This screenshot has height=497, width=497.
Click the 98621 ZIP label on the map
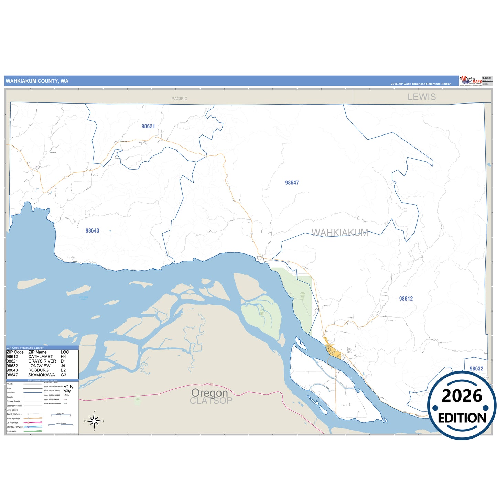pos(148,126)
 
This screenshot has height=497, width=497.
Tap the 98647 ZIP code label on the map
pos(292,183)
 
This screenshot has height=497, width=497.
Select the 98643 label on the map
pos(92,231)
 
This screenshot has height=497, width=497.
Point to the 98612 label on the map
pos(406,299)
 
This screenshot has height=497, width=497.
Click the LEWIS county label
pos(422,97)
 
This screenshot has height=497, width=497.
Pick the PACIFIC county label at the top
pos(179,99)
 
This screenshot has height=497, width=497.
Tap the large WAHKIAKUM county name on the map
pos(340,233)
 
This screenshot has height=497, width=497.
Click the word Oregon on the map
pos(209,392)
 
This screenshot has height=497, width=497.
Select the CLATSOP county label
pos(211,401)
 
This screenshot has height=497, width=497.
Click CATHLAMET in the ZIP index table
pos(41,357)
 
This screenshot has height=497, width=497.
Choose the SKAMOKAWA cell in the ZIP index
pos(42,375)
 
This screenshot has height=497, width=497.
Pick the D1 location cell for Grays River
pos(63,361)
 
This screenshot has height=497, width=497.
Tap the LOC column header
pos(65,352)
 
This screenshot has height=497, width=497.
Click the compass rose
pos(94,421)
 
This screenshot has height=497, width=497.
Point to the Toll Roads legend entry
pos(11,431)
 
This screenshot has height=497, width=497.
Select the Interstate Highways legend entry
pos(15,427)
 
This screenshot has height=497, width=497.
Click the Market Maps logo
pos(471,81)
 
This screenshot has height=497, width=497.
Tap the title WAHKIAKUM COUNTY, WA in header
pos(37,81)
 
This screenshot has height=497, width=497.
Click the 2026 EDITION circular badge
pos(462,406)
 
